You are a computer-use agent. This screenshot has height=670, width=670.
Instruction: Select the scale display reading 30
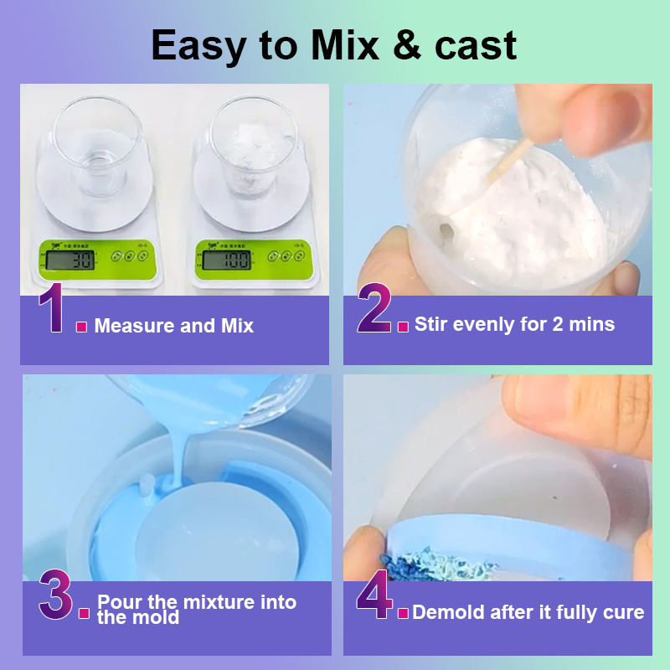(70, 260)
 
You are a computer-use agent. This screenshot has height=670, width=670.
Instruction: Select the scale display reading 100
(226, 260)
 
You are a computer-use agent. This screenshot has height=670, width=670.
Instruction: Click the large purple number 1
(52, 307)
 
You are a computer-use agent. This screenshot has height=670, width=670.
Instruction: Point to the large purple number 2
(374, 307)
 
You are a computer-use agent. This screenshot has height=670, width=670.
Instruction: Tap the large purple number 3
(55, 595)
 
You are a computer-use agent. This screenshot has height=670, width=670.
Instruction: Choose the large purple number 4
(374, 595)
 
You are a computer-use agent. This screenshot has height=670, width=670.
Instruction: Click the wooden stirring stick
(510, 159)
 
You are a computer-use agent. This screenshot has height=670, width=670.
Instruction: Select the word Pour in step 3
(120, 601)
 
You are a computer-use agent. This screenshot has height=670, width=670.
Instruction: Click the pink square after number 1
(81, 327)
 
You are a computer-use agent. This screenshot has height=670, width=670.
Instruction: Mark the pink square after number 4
(403, 614)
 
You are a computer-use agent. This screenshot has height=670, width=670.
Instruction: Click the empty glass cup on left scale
(97, 147)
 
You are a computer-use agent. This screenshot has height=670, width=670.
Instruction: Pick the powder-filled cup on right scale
(253, 147)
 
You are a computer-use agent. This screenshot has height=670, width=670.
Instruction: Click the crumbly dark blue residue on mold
(435, 564)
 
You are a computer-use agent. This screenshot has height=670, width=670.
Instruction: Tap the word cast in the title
(476, 46)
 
